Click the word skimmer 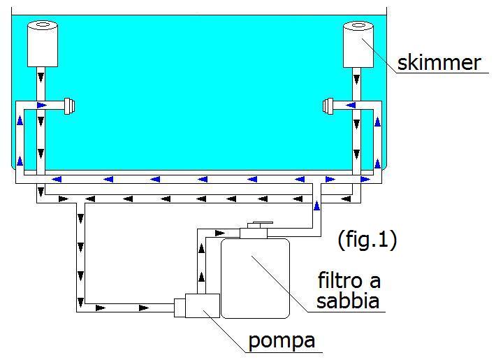click(439, 62)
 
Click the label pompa click(282, 341)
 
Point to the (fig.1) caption click(367, 240)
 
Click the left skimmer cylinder click(42, 45)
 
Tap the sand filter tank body click(255, 276)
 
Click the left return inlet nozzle click(68, 106)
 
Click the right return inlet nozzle click(328, 106)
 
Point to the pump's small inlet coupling click(180, 307)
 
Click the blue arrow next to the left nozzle click(43, 106)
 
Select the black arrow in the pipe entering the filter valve click(221, 233)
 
